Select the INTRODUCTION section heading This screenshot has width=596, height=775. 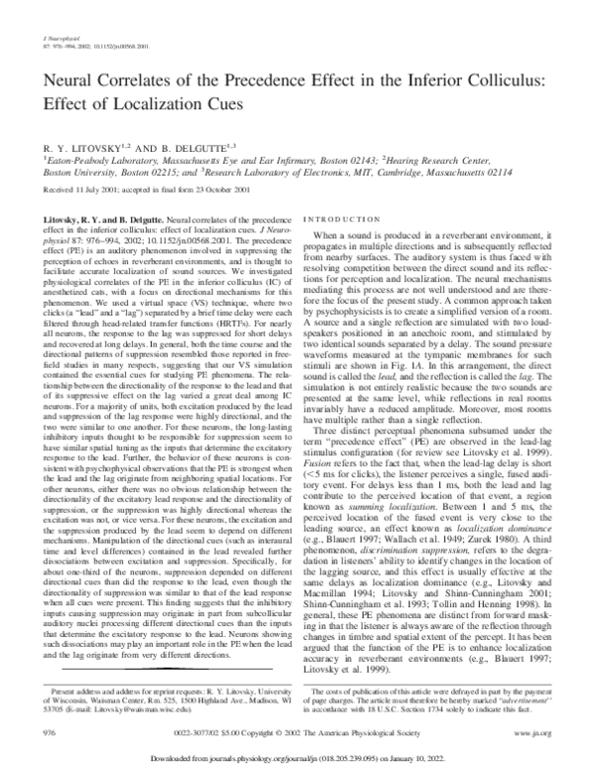pyautogui.click(x=341, y=218)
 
